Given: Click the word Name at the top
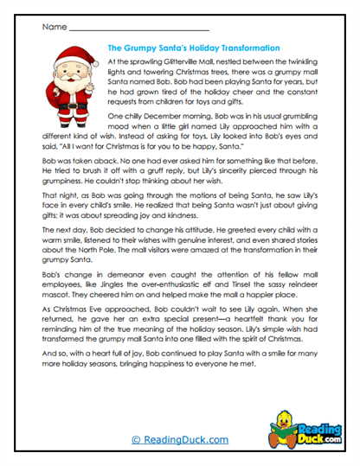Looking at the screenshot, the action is (x=53, y=27).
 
